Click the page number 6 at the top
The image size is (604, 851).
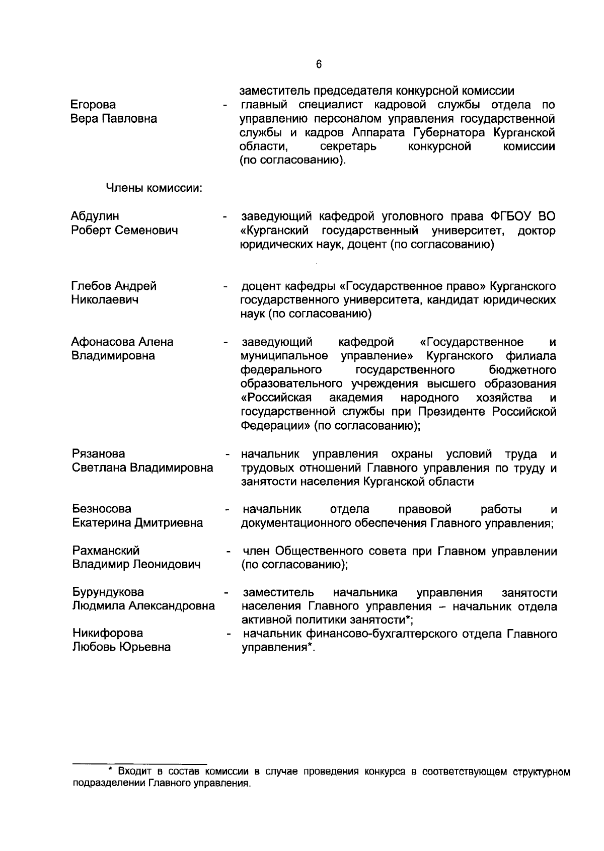point(318,64)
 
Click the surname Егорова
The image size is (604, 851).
point(93,105)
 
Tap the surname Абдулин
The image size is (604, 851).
point(95,216)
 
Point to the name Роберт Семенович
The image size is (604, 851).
point(125,230)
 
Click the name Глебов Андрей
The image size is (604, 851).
point(114,286)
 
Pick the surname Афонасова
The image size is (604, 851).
point(102,342)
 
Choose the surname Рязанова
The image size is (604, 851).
point(98,454)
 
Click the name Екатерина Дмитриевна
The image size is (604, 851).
point(137,523)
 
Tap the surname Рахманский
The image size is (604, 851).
point(106,551)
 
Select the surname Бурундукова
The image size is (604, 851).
point(108,592)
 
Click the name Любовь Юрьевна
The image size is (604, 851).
point(121,647)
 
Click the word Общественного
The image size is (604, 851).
point(341,551)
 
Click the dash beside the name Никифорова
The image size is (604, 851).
point(229,635)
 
